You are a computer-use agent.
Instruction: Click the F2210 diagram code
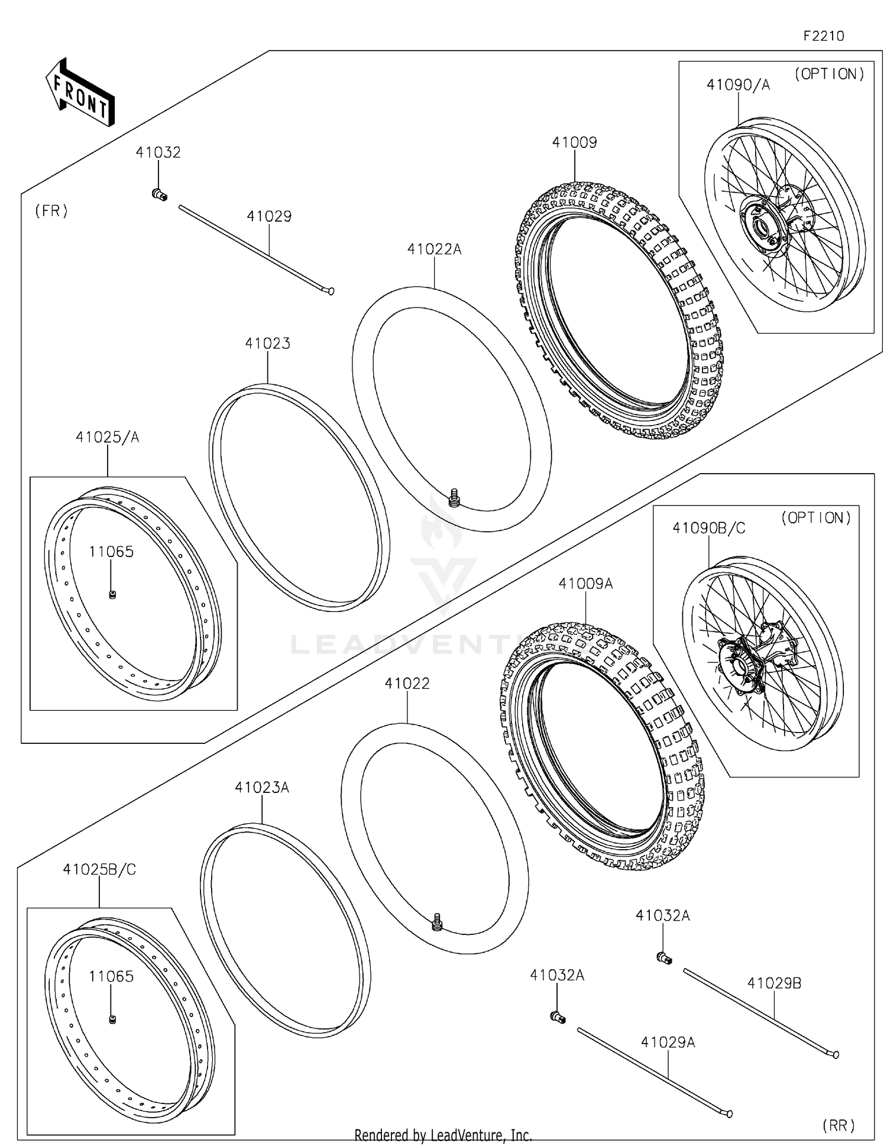point(823,36)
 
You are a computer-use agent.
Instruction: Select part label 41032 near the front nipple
point(158,153)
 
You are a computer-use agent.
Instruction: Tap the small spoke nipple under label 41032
point(159,194)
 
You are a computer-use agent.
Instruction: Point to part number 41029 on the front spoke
point(269,216)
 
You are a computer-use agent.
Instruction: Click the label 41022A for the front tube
point(434,250)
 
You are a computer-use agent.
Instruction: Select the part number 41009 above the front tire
point(574,143)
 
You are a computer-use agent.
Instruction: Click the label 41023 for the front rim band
point(267,344)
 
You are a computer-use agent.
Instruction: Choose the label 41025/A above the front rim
point(107,438)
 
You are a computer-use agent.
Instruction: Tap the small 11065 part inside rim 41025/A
point(112,594)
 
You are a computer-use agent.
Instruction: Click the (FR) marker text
point(51,211)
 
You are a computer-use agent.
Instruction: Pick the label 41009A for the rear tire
point(585,584)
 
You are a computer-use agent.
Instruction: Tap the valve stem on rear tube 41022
point(438,921)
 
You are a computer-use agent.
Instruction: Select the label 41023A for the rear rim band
point(261,788)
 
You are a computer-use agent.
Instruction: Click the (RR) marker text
point(839,1125)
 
